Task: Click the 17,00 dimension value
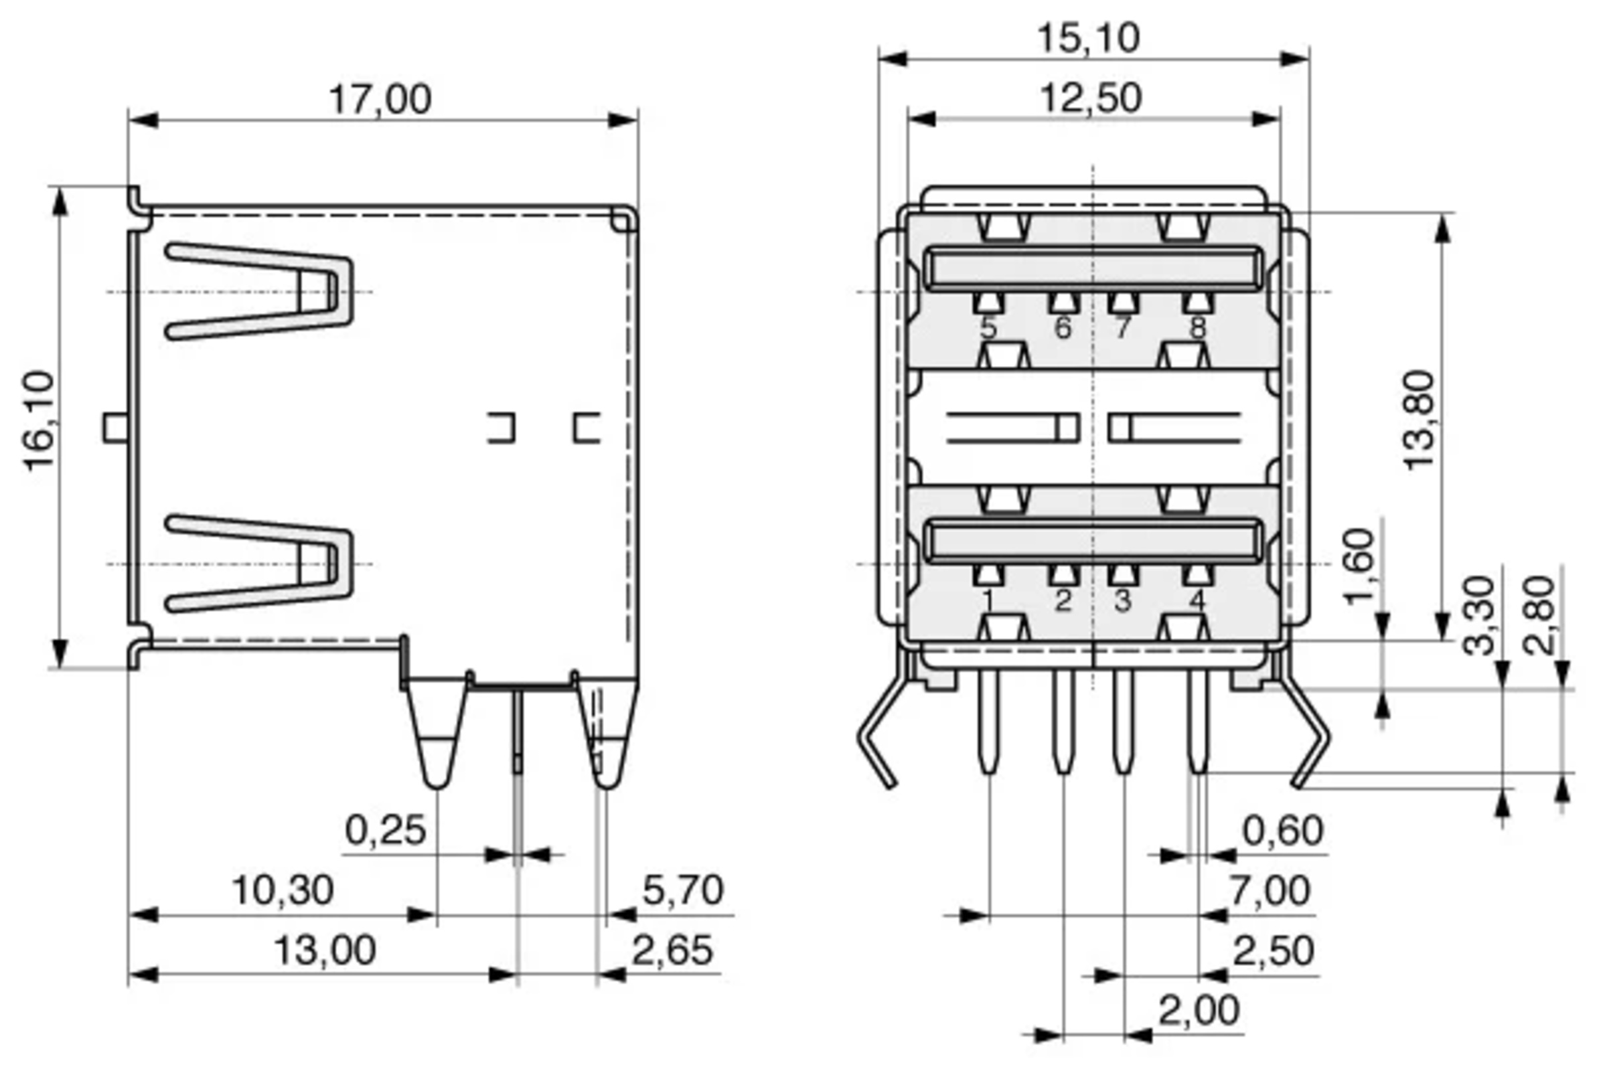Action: (380, 100)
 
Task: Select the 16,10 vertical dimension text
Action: (40, 421)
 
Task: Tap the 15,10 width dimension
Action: (1089, 39)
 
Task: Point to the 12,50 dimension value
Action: (1091, 98)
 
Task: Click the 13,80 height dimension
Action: (1419, 420)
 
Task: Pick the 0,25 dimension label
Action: (385, 831)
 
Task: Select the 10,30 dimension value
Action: (283, 890)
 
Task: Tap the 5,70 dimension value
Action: (682, 890)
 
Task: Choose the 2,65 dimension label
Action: (672, 951)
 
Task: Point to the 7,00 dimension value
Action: (1270, 890)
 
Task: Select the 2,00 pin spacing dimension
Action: (1199, 1011)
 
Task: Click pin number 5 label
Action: (988, 328)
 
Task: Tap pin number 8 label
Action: (1197, 328)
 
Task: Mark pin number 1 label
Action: (988, 602)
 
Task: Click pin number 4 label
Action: (1197, 602)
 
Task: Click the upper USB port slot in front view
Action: (1092, 268)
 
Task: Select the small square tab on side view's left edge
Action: (115, 428)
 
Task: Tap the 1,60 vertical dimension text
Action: (1359, 566)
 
